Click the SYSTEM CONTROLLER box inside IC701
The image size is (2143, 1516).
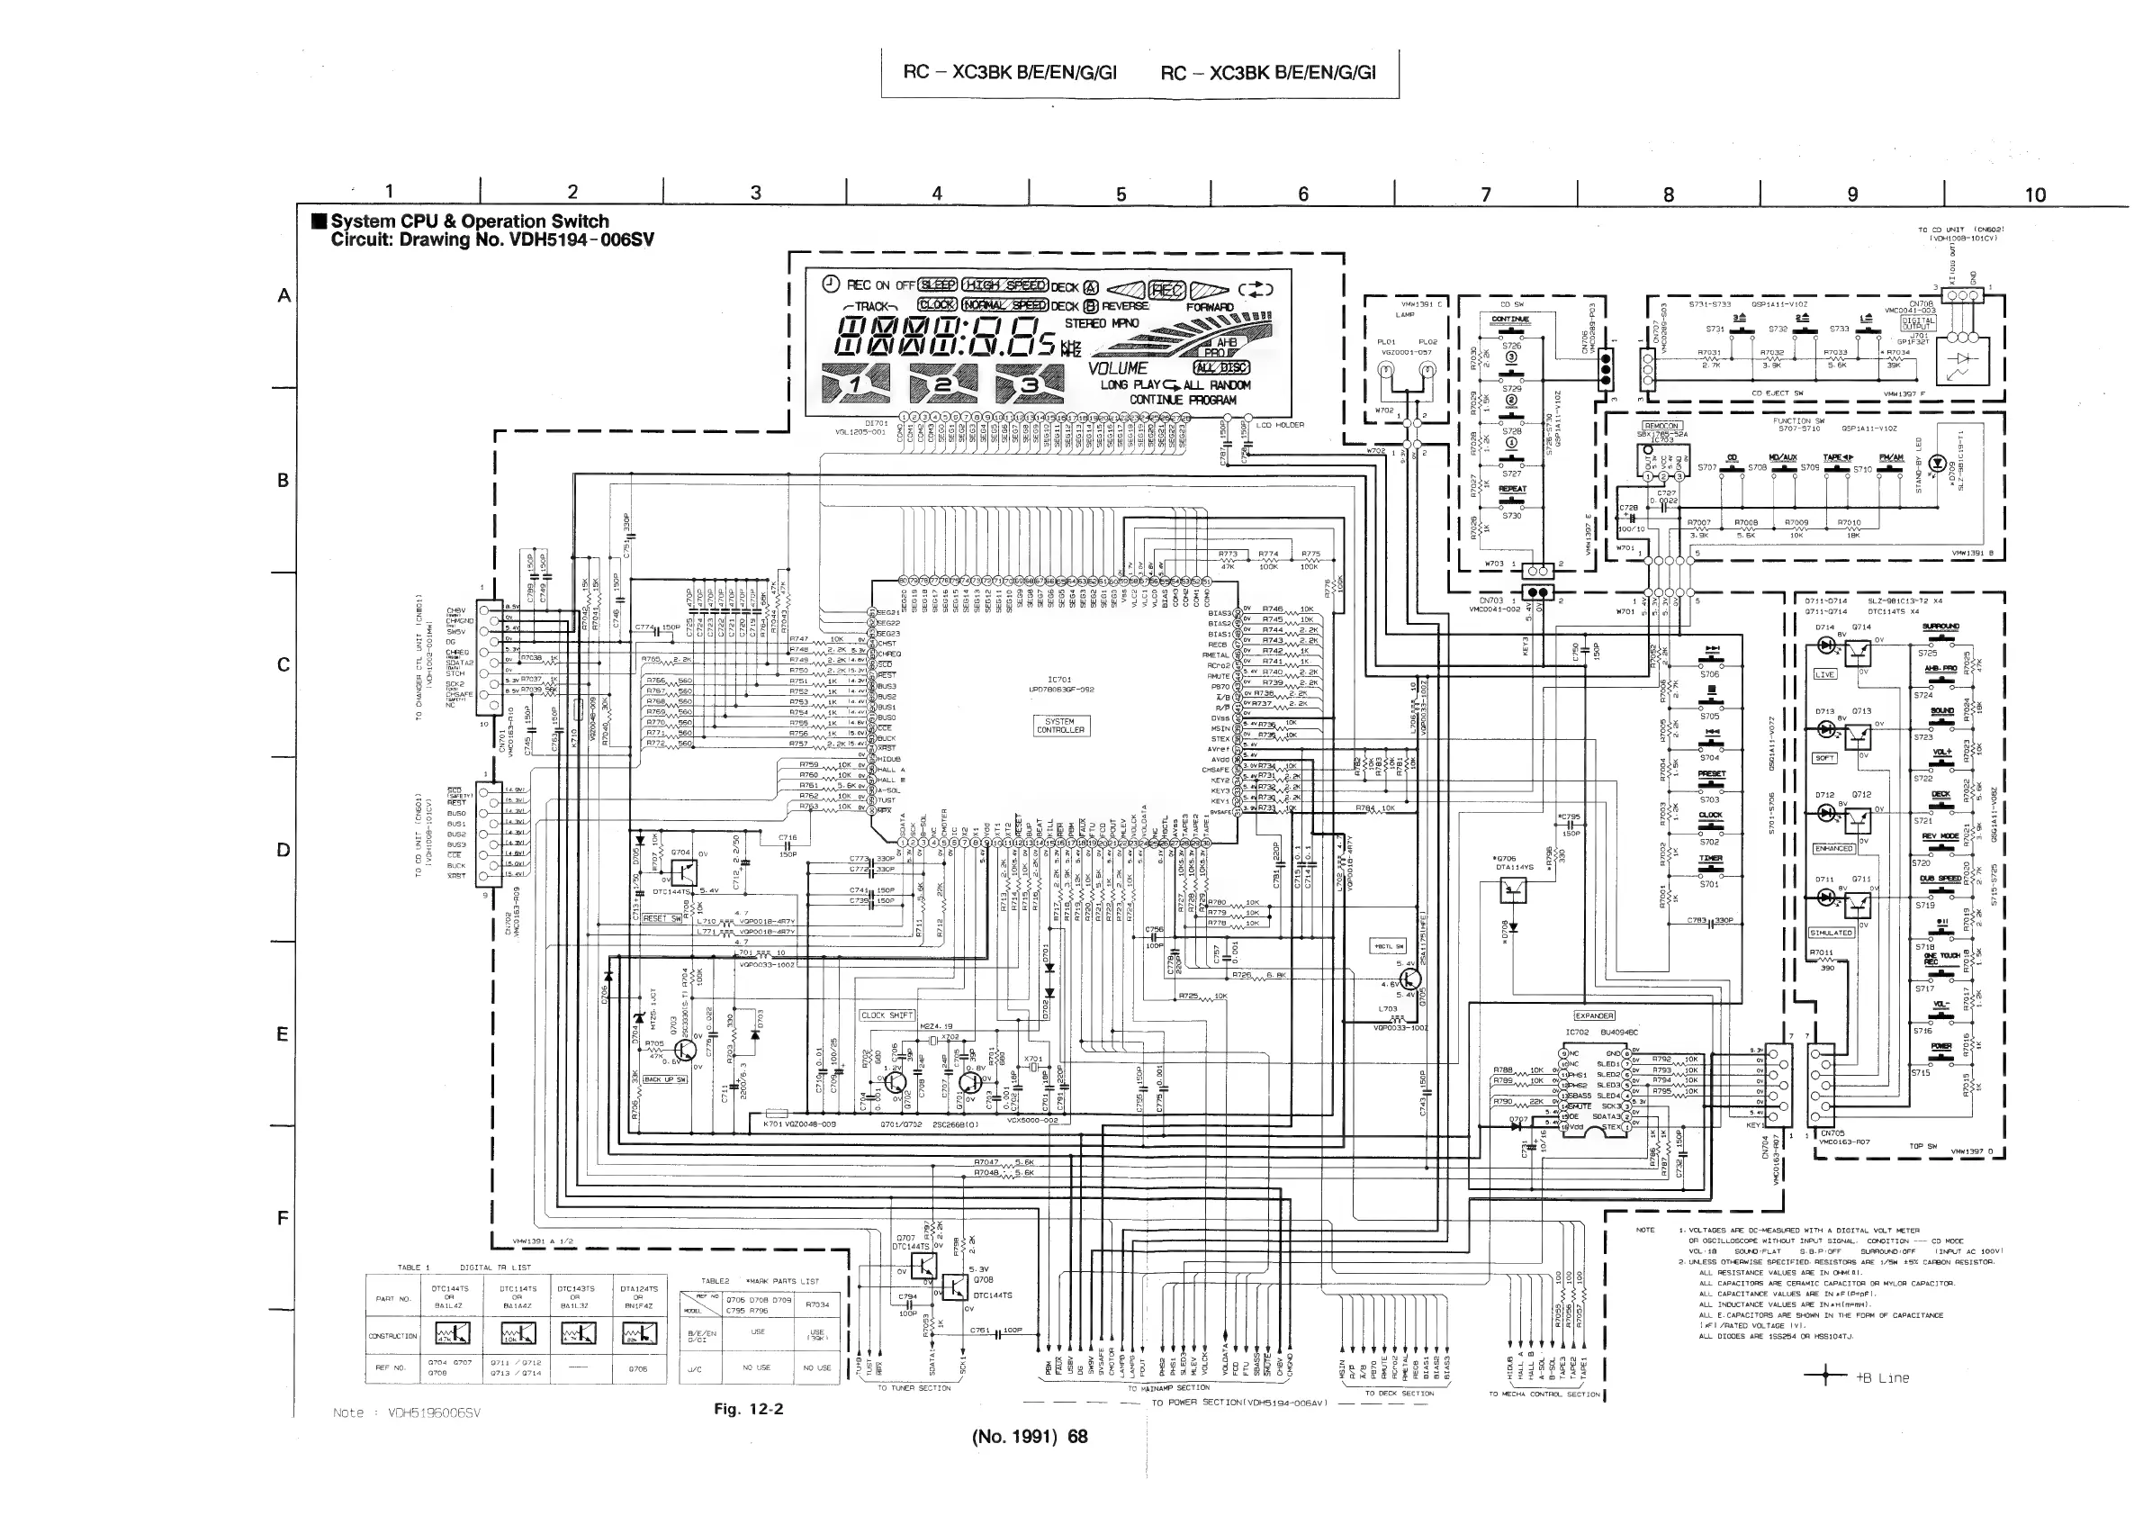[1059, 726]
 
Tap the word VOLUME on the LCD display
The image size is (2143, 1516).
[1117, 369]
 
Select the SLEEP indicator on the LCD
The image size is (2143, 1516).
[938, 284]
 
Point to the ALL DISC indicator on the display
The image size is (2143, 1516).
[1220, 367]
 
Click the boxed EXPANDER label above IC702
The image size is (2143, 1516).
[1594, 1015]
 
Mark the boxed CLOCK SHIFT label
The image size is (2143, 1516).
[887, 1015]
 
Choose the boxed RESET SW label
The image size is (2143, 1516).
[662, 918]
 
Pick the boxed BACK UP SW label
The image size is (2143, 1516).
[664, 1079]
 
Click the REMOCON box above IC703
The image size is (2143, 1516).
[1661, 426]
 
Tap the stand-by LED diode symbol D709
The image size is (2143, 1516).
[1937, 463]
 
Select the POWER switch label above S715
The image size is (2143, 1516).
[1941, 1046]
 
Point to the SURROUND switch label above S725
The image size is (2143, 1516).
[1941, 627]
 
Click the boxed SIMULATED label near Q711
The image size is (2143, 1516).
[1832, 933]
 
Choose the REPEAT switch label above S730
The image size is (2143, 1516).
[1512, 489]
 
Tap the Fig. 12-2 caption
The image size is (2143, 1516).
[749, 1409]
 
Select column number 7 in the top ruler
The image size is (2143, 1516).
[1486, 194]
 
